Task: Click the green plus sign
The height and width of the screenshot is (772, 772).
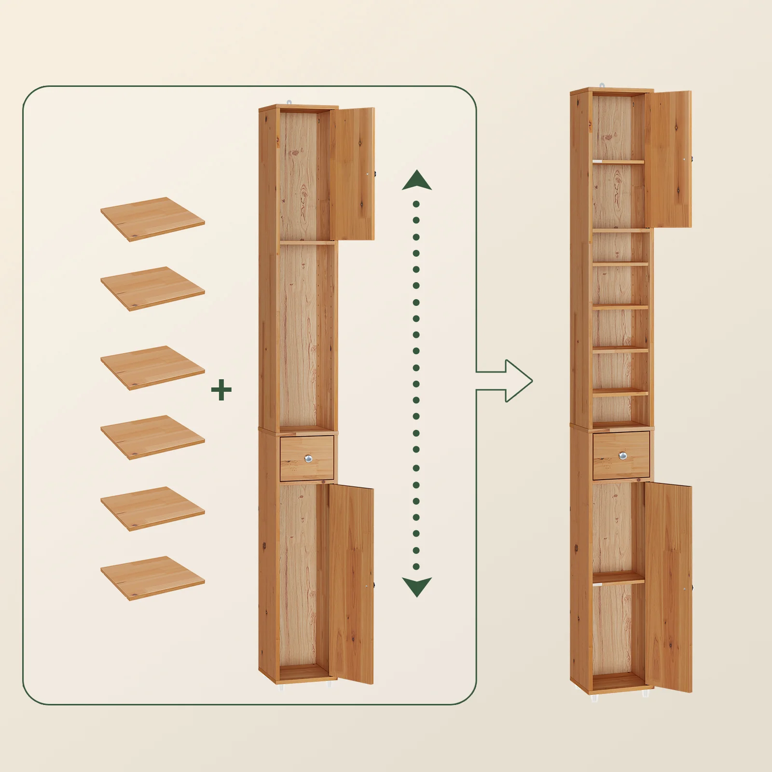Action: click(221, 390)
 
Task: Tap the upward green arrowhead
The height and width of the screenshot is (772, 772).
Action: click(417, 181)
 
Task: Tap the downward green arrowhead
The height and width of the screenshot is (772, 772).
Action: click(417, 586)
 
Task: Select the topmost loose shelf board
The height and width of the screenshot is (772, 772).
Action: click(152, 219)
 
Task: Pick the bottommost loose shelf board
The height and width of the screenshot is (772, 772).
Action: click(152, 578)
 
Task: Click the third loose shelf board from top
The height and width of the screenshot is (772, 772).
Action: click(152, 367)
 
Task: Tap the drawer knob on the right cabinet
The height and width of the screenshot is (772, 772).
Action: click(623, 455)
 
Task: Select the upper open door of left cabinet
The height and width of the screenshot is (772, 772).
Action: click(353, 174)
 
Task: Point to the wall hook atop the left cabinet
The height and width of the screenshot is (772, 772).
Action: click(289, 102)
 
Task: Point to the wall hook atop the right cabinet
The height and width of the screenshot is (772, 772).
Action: click(602, 85)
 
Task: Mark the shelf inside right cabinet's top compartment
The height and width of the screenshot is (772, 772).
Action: click(619, 162)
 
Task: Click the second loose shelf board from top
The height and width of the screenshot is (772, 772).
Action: click(152, 288)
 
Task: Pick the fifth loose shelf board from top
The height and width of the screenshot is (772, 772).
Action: click(152, 508)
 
